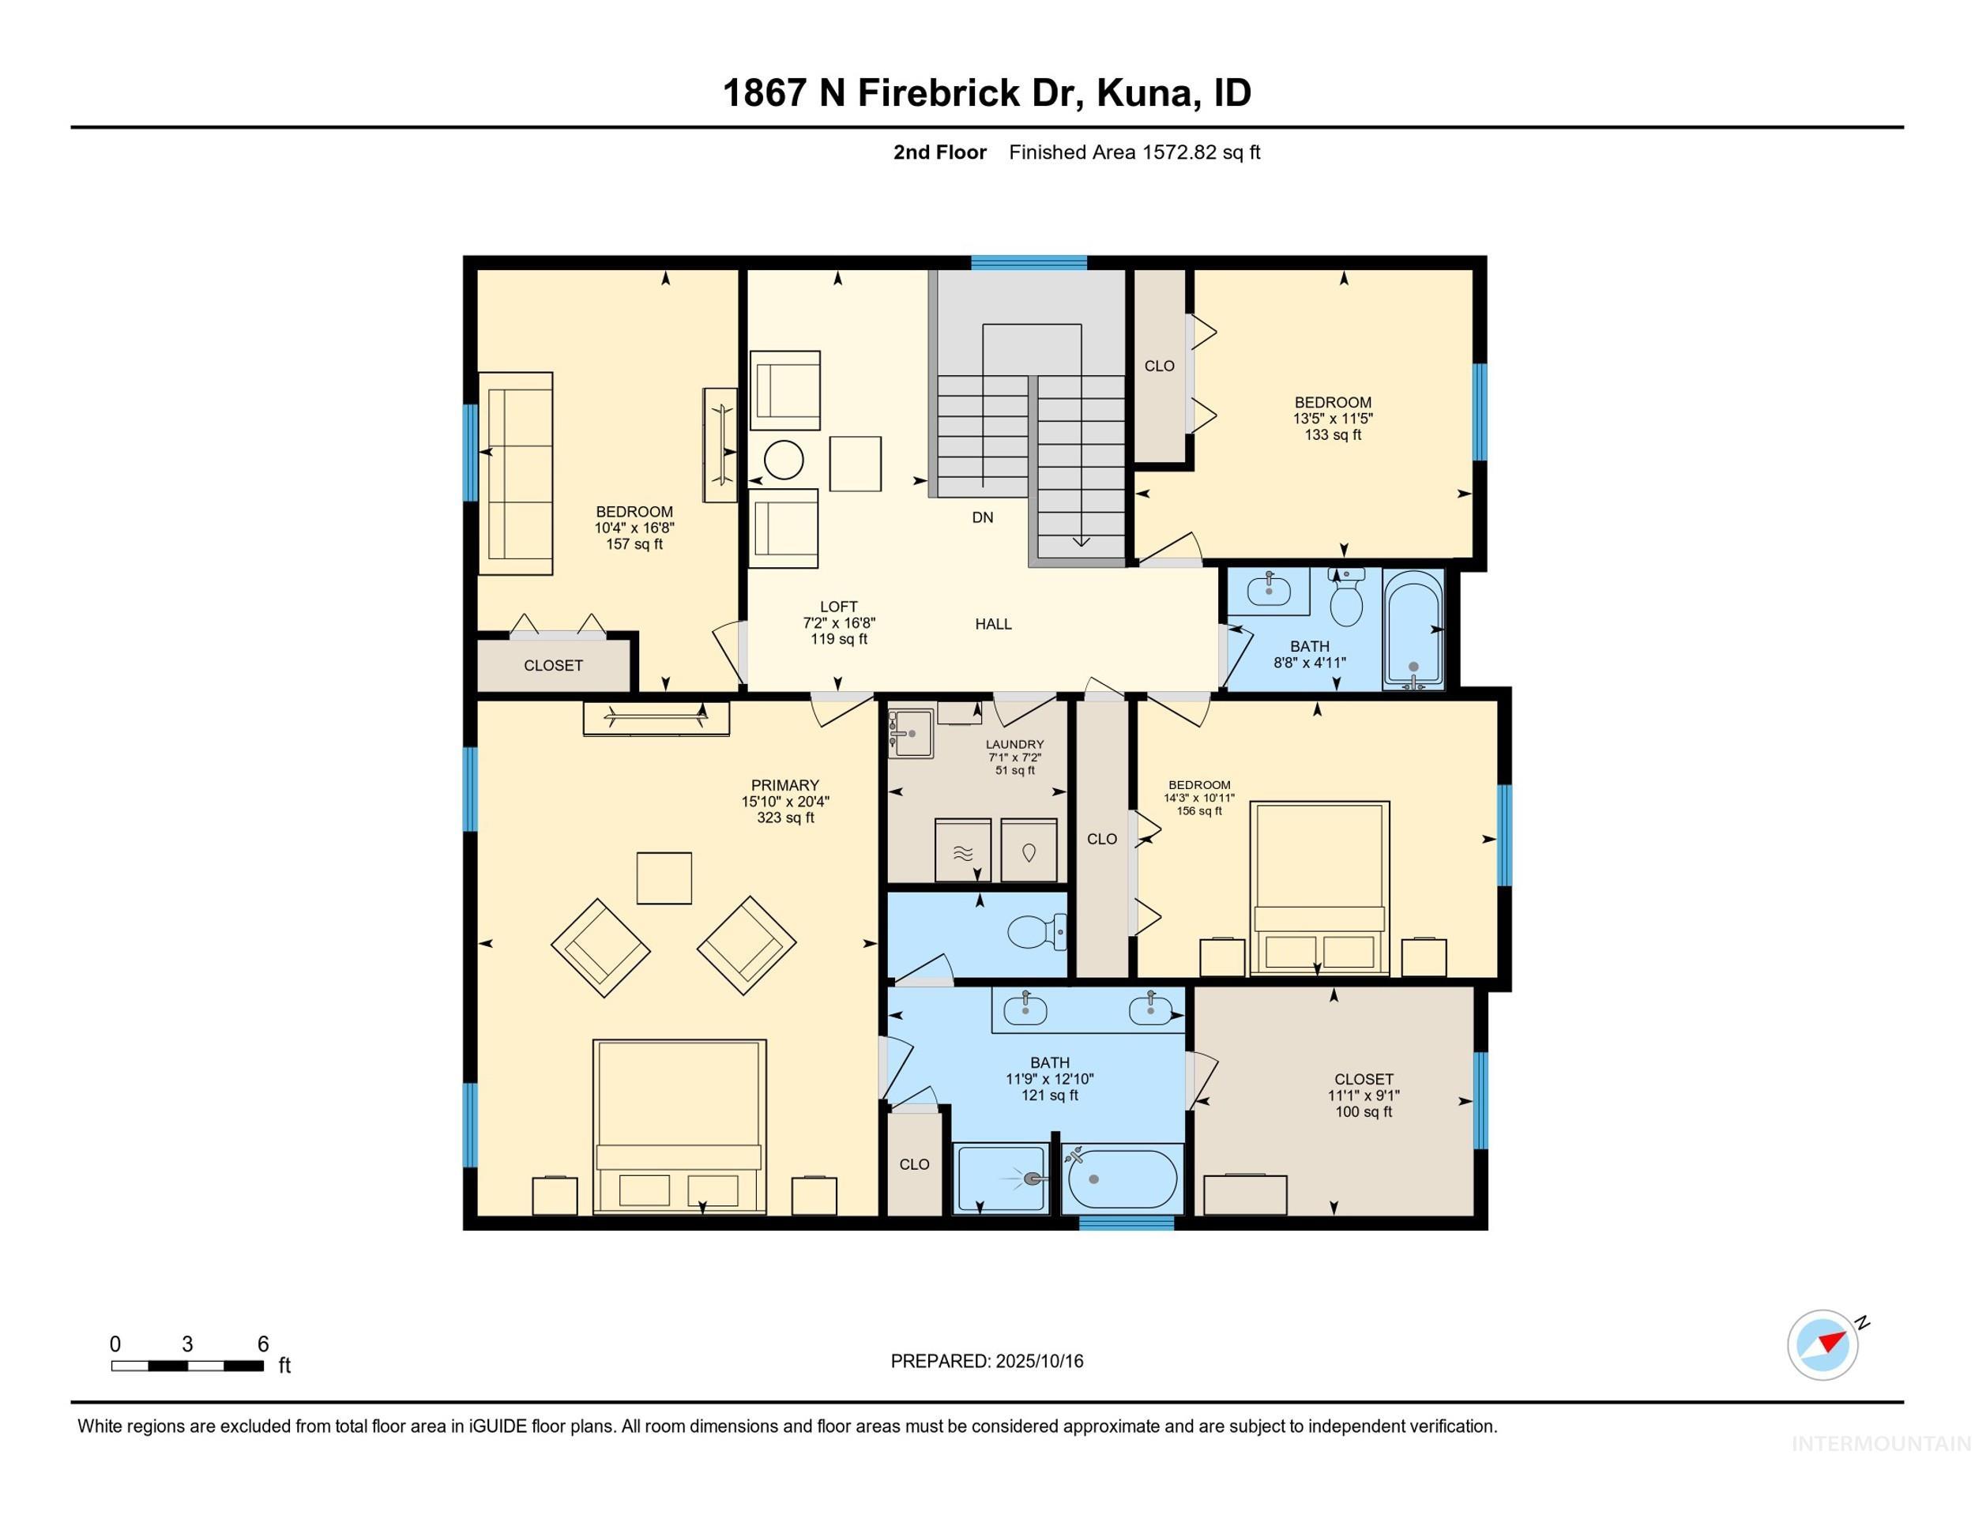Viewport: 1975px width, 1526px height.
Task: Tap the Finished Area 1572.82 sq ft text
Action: [x=1134, y=152]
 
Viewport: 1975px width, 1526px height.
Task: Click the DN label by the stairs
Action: [x=982, y=518]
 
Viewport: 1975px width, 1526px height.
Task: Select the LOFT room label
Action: [x=838, y=607]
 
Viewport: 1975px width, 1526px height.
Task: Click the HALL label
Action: [x=993, y=624]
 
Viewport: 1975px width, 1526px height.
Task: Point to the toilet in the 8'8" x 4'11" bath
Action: [x=1348, y=601]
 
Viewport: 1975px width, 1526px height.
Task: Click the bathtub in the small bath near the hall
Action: [x=1413, y=630]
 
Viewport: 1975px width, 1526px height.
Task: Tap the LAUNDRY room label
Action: [x=1014, y=745]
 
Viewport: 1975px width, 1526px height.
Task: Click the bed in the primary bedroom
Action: [x=679, y=1126]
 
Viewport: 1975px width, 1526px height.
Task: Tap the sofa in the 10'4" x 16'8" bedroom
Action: [x=515, y=473]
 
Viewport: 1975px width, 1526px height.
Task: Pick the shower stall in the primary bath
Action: [x=1001, y=1178]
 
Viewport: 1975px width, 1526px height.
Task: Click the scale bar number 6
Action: [x=263, y=1344]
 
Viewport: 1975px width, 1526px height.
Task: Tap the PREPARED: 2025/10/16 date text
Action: [x=987, y=1362]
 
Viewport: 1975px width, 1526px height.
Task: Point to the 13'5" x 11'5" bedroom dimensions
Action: [x=1332, y=419]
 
